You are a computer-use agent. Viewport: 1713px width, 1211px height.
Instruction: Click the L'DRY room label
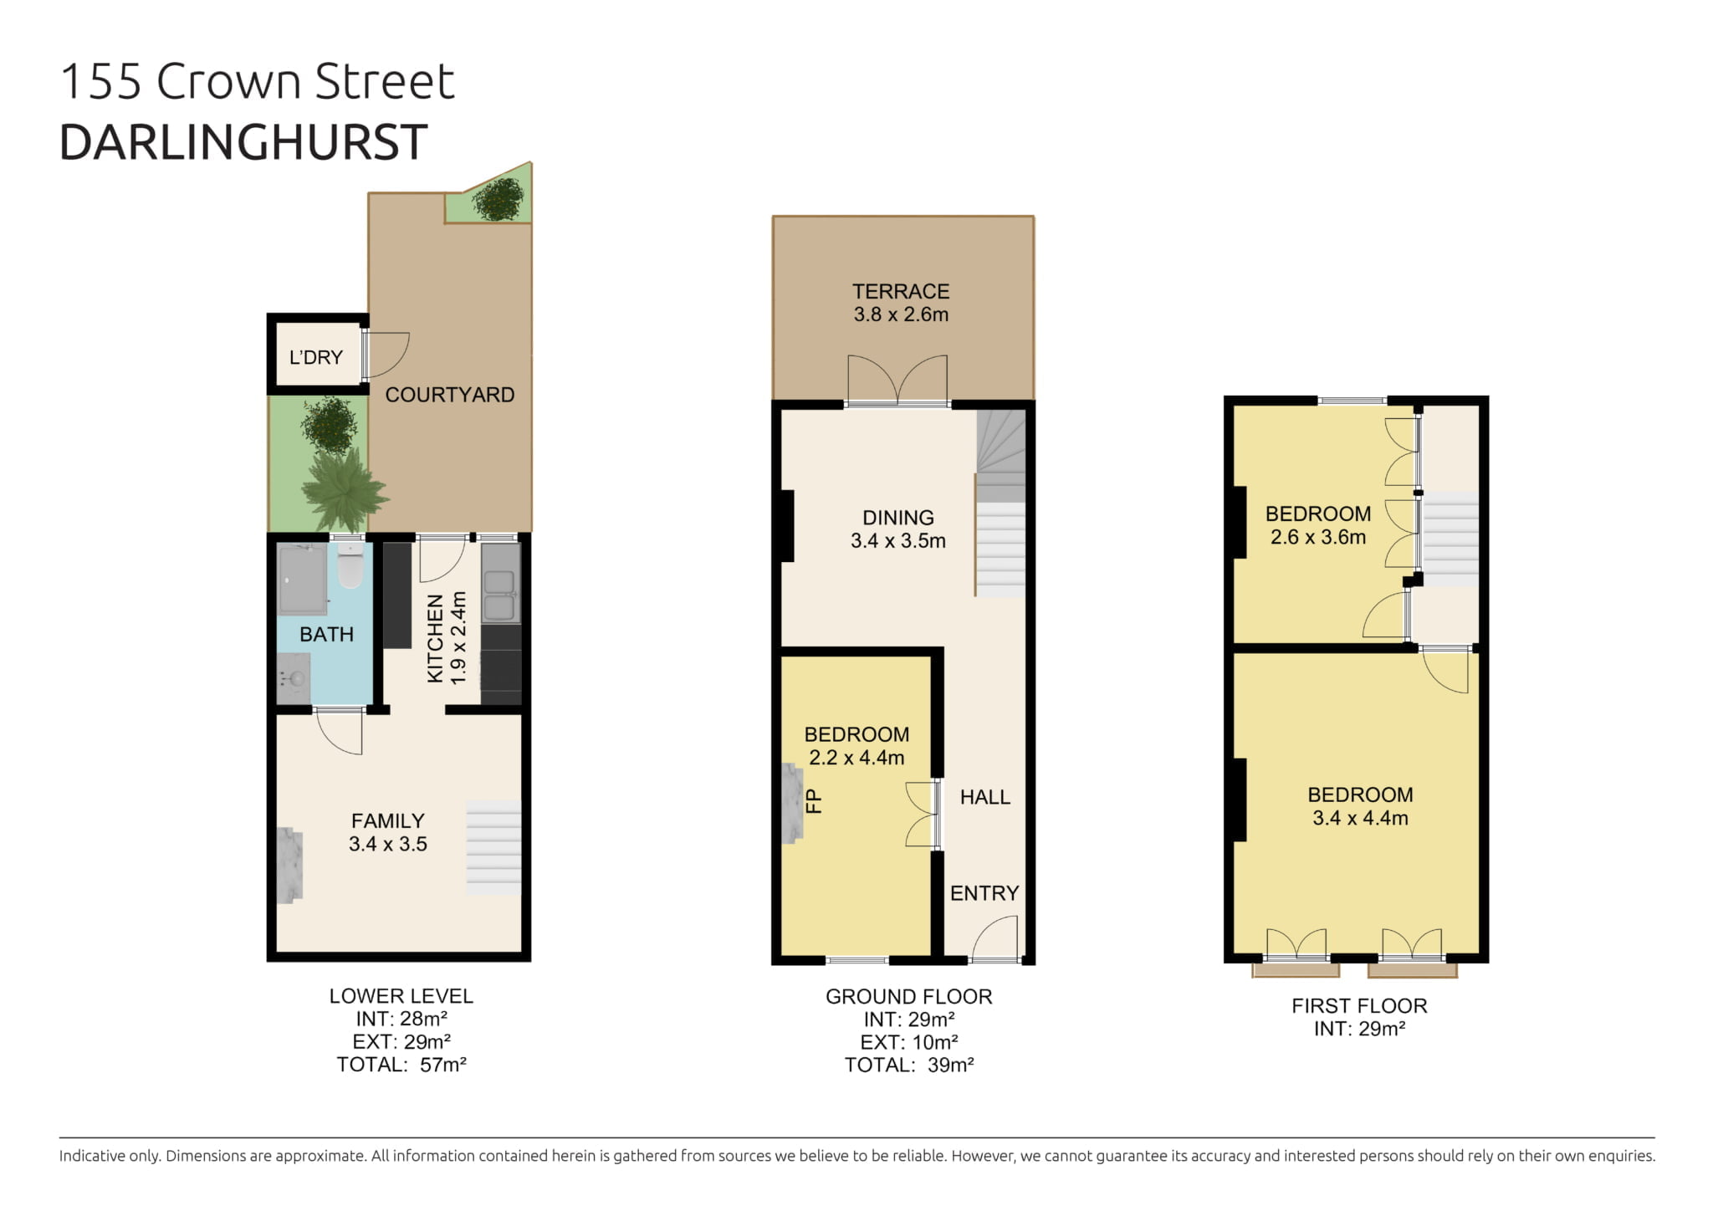tap(315, 358)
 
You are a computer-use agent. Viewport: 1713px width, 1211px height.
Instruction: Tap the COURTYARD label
tap(449, 395)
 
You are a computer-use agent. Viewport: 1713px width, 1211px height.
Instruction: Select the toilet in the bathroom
tap(350, 565)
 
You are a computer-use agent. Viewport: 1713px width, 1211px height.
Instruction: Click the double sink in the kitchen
tap(500, 583)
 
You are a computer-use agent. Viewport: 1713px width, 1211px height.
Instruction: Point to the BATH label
tap(326, 634)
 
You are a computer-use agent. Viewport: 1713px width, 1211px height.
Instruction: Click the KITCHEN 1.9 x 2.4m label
tap(447, 638)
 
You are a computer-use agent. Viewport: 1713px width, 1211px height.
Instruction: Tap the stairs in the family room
tap(493, 847)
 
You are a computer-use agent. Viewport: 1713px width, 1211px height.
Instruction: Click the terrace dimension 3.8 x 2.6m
tap(901, 314)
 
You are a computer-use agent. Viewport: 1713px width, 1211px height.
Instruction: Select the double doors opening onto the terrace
tap(897, 381)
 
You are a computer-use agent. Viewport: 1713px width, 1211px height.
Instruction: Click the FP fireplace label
tap(813, 801)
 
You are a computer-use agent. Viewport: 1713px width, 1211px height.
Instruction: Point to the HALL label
tap(984, 797)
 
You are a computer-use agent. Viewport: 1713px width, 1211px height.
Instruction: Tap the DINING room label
tap(898, 518)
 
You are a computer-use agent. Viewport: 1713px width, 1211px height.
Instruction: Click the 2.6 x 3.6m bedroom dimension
tap(1318, 537)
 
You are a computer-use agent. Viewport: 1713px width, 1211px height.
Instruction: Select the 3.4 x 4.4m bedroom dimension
tap(1360, 818)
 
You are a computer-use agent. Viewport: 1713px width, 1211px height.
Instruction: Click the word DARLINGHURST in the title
tap(243, 142)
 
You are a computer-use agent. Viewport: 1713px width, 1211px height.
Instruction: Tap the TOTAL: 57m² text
tap(401, 1065)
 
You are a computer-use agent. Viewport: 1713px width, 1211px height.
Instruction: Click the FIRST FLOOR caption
tap(1359, 1006)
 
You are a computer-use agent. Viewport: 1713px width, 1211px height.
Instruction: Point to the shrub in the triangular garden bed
tap(499, 199)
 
